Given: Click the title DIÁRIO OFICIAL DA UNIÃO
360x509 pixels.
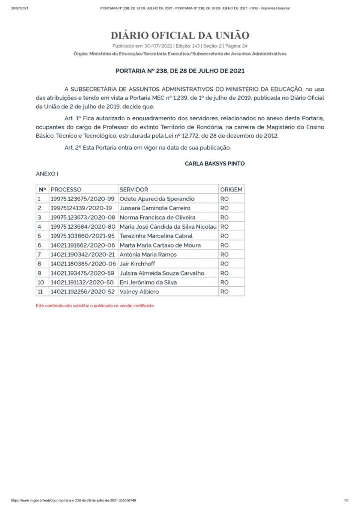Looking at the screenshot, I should point(180,36).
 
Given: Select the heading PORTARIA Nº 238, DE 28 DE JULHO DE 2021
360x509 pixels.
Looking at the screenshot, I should point(180,71).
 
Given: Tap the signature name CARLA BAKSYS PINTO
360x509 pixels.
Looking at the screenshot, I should point(214,163).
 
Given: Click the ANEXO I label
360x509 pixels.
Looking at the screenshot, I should point(47,174).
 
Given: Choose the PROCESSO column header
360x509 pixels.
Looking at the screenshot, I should point(66,190).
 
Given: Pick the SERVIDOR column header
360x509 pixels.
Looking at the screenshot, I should point(134,190).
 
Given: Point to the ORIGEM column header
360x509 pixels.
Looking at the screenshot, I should point(231,190).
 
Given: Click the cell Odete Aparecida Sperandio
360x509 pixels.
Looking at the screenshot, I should point(157,199).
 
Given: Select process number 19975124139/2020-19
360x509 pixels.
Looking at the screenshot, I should point(81,208).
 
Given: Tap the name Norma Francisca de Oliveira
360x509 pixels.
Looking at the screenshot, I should point(157,217).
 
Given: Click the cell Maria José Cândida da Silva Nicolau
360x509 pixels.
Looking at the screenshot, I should point(168,227).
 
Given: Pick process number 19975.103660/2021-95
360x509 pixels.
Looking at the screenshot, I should point(82,236).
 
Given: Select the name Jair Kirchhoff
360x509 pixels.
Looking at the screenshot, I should point(137,264).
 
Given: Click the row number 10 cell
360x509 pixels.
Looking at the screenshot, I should point(41,282).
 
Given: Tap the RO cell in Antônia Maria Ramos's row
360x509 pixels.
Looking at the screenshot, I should point(224,254).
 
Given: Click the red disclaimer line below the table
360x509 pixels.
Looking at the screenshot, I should point(95,306).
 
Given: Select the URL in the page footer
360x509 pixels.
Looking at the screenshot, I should point(73,500).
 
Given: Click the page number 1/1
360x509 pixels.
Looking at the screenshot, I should point(346,500).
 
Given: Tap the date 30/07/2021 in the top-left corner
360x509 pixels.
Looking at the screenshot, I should point(20,8).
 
